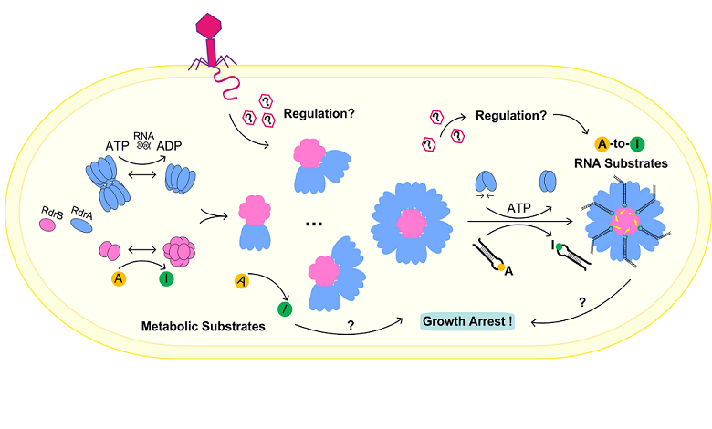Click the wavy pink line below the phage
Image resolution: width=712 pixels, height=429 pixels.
pos(223,86)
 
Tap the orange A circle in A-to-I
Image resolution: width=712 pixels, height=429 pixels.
pos(577,142)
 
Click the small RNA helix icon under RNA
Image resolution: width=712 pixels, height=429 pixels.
pos(144,145)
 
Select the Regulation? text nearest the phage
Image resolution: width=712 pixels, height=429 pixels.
pos(319,116)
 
